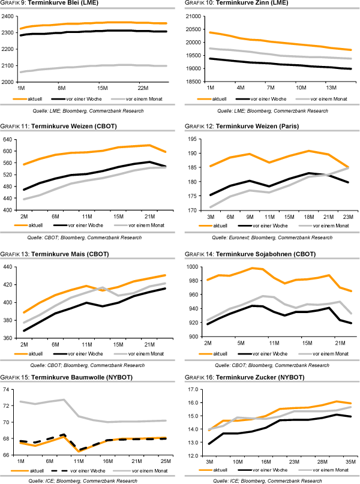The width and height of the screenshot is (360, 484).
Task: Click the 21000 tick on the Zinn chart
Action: tap(196, 16)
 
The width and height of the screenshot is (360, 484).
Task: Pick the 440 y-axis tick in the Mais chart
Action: tap(11, 267)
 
